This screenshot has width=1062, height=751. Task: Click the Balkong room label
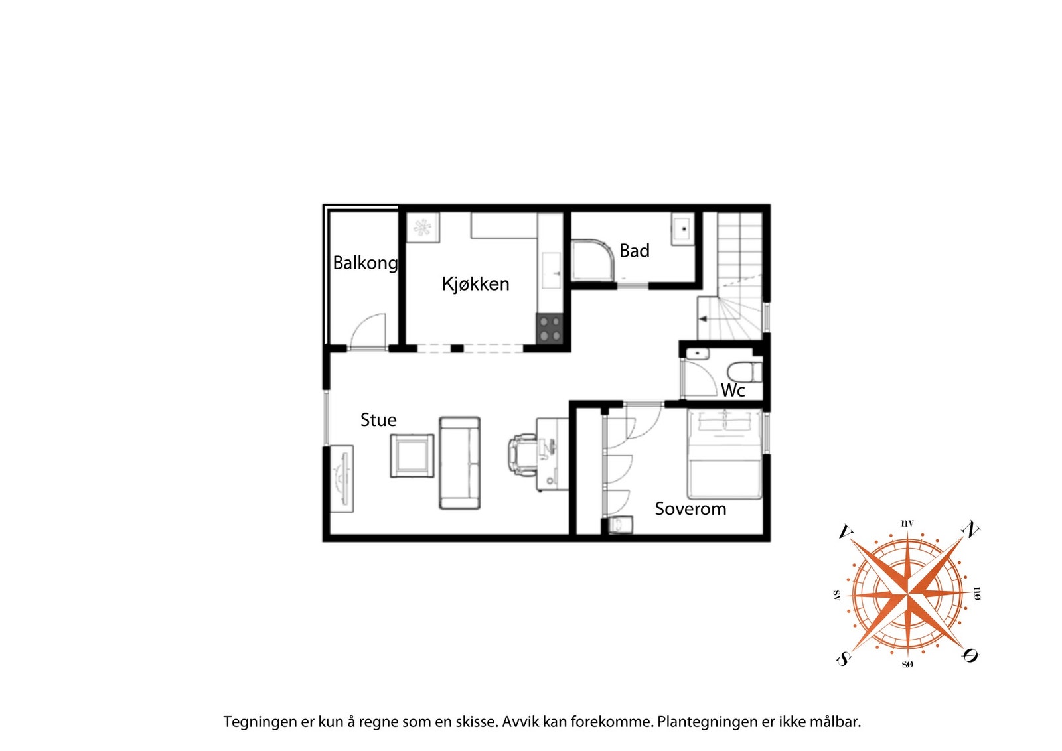(x=365, y=263)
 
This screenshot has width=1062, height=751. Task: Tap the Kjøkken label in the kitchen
(x=475, y=284)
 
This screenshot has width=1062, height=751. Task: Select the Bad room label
(x=634, y=251)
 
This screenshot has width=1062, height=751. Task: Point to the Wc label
(x=733, y=391)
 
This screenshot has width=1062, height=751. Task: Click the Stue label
(x=378, y=420)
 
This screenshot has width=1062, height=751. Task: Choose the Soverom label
(x=690, y=509)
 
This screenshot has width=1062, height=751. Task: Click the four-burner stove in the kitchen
(x=550, y=328)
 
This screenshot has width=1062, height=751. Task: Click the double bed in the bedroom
(x=724, y=454)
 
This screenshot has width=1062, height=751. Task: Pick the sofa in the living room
(x=459, y=463)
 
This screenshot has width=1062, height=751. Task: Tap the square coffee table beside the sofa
(x=412, y=455)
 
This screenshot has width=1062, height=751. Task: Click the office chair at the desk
(x=522, y=454)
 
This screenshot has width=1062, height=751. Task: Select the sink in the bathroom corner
(x=682, y=229)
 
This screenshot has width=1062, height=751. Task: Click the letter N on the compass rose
(x=970, y=530)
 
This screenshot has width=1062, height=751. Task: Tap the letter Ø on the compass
(x=970, y=655)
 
